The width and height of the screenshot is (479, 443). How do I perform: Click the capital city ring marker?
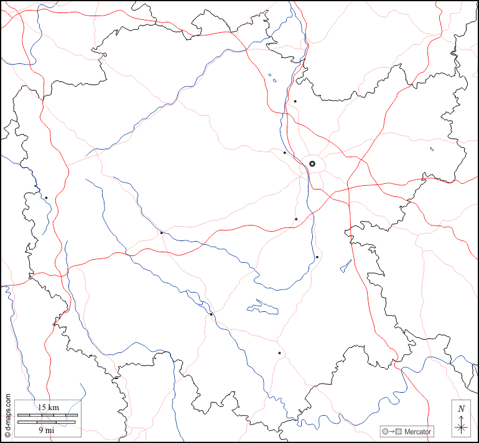312,163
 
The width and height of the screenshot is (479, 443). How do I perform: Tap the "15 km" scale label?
48,407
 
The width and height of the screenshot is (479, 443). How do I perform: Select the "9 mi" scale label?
45,429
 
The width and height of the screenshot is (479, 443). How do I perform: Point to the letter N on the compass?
461,409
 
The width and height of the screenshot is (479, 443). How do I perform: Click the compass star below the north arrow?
461,427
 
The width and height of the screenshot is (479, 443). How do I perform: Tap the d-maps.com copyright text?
7,417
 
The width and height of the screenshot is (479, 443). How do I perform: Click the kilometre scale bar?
48,414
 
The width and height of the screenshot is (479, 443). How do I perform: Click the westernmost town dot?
46,198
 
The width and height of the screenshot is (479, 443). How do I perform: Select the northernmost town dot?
295,101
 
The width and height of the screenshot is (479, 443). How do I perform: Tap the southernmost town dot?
279,353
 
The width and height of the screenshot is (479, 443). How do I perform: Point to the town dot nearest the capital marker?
285,152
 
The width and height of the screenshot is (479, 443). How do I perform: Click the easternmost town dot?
317,257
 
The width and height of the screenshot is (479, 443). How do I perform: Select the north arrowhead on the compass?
461,418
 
